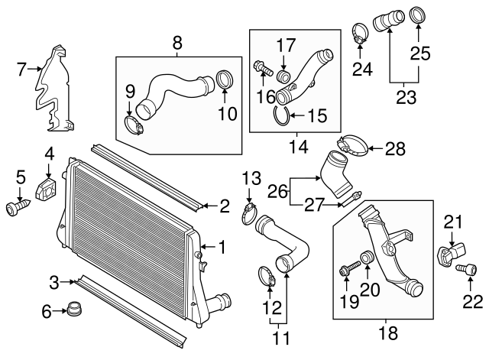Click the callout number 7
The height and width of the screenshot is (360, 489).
click(22, 70)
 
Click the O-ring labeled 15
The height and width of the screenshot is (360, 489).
click(281, 116)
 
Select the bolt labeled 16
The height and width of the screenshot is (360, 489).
click(262, 70)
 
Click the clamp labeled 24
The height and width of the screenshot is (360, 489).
click(361, 33)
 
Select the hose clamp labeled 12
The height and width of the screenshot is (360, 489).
click(265, 275)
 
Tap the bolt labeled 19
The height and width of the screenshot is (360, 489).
click(348, 270)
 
